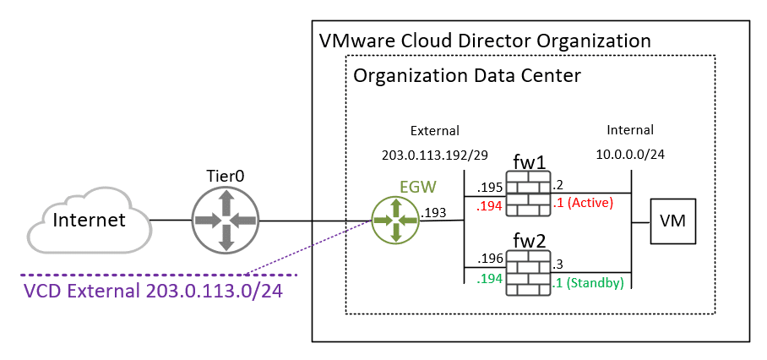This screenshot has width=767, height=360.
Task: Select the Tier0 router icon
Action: [x=226, y=221]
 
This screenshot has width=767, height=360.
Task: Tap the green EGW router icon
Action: [x=394, y=221]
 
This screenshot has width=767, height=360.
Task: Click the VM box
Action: [x=672, y=221]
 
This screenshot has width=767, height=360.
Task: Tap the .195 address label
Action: [x=490, y=185]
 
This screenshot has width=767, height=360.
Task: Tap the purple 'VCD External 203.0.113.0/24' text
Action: [x=152, y=292]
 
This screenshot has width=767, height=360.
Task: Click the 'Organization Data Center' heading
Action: [x=466, y=75]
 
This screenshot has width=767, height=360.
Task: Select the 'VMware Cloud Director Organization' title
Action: [x=485, y=41]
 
